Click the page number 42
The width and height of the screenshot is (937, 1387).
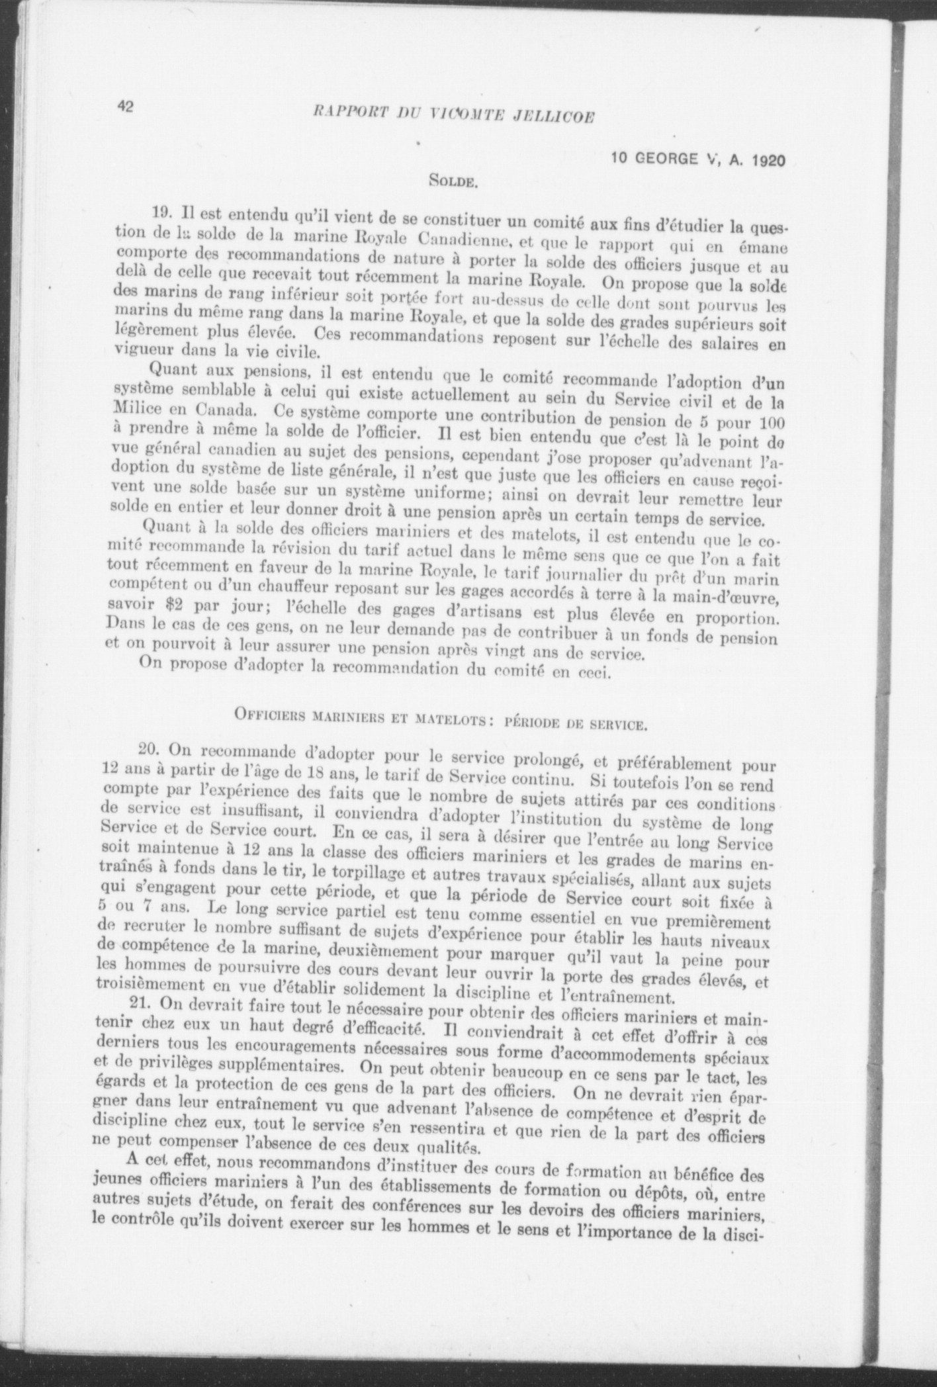point(126,108)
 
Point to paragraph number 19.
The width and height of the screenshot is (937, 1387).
point(161,213)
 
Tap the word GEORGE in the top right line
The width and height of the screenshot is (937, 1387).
point(673,159)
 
